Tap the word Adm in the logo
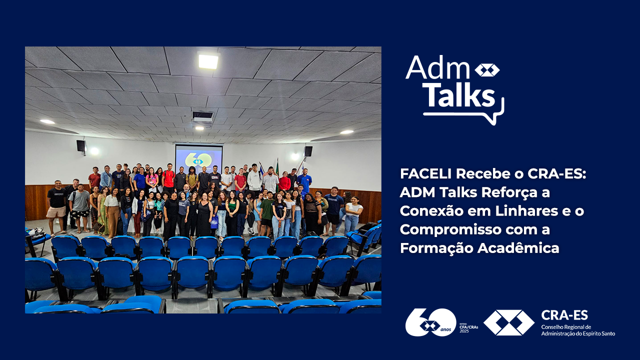pos(437,67)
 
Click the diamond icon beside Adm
pos(487,70)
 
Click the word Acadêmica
pos(518,248)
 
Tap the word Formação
pos(436,248)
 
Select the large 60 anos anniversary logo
pos(431,322)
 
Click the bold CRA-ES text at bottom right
pos(564,315)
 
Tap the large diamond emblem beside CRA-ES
pos(509,322)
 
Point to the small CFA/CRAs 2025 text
pos(468,327)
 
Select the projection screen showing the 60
pos(199,158)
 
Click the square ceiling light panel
pos(208,61)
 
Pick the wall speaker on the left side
pos(81,146)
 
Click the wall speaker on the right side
pos(308,151)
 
